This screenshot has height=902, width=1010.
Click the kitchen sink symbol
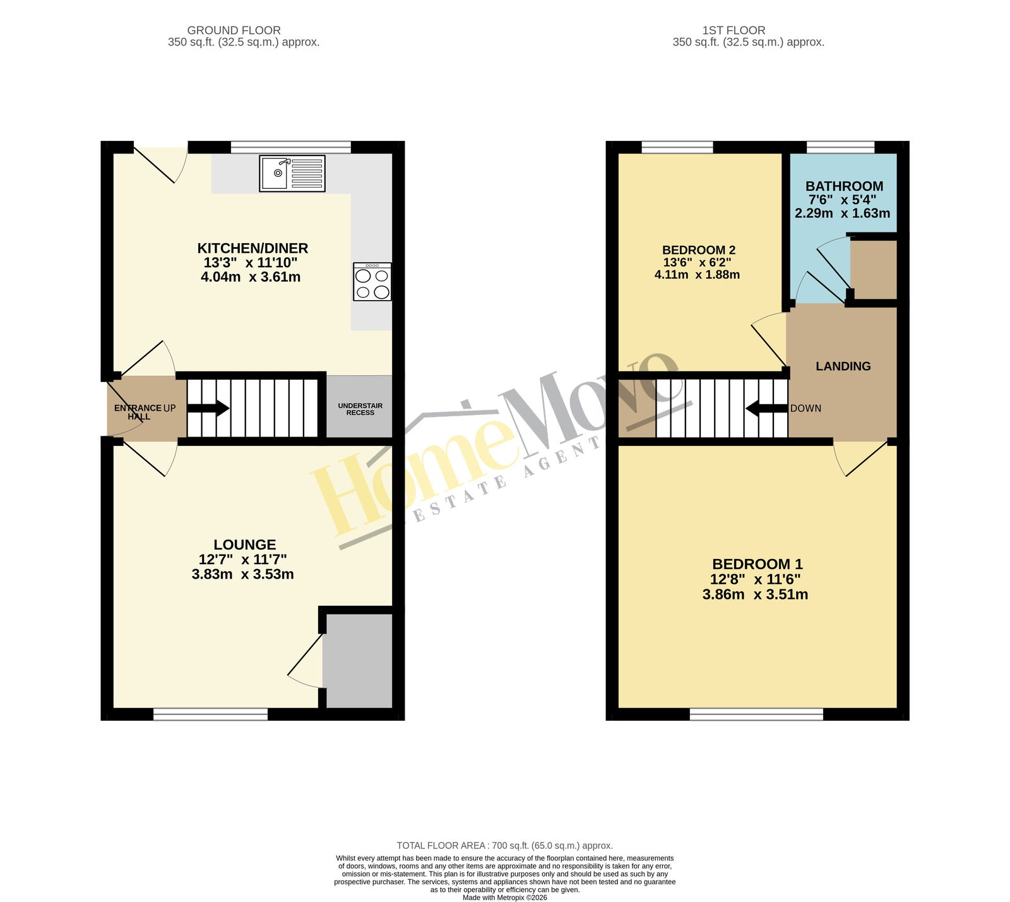(x=292, y=174)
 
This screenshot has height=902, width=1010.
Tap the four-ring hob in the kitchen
(x=372, y=282)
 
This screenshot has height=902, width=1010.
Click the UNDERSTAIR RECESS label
(x=360, y=409)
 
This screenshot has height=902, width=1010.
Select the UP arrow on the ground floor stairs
(x=208, y=408)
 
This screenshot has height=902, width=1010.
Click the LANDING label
(x=843, y=366)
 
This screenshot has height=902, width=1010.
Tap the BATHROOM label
(x=844, y=186)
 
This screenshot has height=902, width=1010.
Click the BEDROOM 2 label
(x=699, y=250)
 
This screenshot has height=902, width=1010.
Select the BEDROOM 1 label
(x=757, y=564)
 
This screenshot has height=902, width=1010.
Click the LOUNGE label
(x=245, y=544)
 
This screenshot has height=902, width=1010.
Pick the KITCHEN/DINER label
(x=252, y=248)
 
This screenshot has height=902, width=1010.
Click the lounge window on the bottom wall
(x=211, y=714)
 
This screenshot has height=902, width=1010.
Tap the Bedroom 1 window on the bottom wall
(x=756, y=714)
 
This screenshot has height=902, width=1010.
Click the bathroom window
(x=841, y=147)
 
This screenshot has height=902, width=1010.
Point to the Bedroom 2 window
(x=677, y=147)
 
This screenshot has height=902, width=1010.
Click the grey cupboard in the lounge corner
(x=358, y=661)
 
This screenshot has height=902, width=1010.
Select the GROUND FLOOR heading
(x=234, y=30)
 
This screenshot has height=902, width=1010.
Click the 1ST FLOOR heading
(x=734, y=30)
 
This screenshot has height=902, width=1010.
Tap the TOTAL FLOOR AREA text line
(x=505, y=846)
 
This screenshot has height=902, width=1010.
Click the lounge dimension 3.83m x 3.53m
(x=243, y=574)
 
